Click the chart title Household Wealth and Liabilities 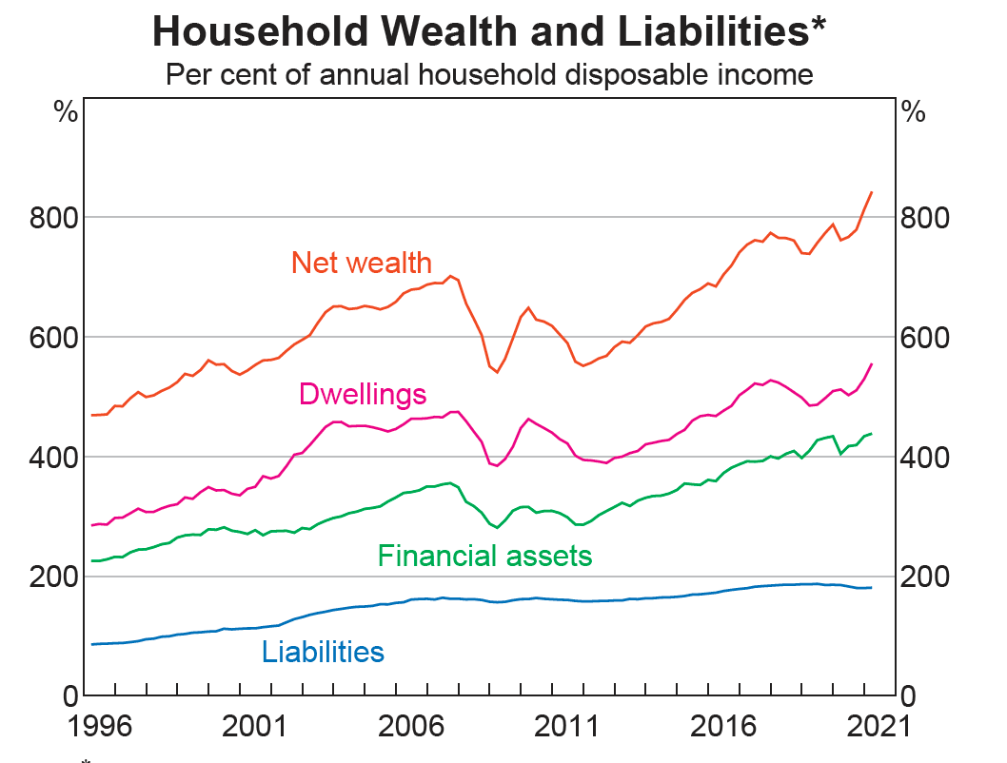[x=489, y=32]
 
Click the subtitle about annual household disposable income [x=489, y=74]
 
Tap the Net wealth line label [x=362, y=262]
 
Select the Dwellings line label [x=363, y=393]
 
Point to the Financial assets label [x=484, y=555]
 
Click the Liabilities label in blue [x=323, y=652]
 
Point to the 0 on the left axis [x=69, y=696]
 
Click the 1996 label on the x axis [x=100, y=728]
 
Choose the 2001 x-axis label [x=256, y=728]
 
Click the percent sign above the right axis [x=914, y=112]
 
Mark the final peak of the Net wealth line [x=871, y=192]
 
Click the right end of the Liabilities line [x=871, y=587]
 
